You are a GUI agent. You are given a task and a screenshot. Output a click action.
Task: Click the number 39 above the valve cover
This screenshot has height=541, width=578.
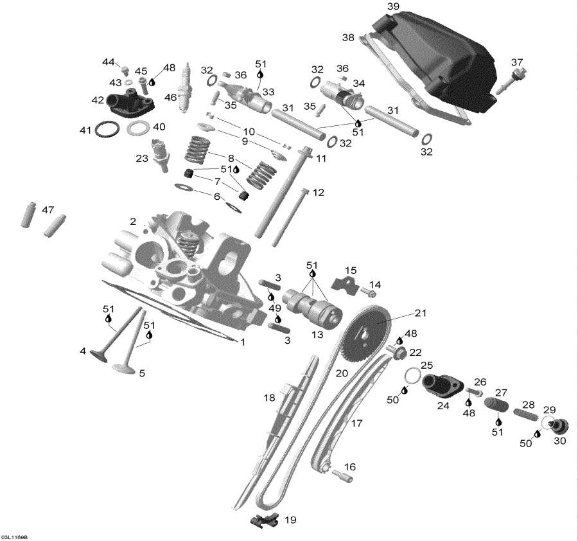tap(393, 6)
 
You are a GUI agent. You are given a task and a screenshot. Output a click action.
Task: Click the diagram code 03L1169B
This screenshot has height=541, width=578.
tap(18, 537)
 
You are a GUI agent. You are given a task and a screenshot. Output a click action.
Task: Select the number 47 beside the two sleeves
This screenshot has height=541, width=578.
tap(48, 210)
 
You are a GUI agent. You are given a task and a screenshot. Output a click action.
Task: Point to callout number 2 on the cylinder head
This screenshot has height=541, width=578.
tap(133, 221)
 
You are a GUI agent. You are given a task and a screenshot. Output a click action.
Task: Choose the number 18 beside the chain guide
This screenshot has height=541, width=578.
tap(269, 398)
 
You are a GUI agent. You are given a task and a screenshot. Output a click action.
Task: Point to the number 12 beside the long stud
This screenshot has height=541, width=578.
tap(319, 192)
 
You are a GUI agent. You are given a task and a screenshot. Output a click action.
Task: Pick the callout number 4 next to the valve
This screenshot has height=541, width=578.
tap(83, 351)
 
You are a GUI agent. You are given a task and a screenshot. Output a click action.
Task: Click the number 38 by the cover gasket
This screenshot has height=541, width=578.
tap(348, 38)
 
